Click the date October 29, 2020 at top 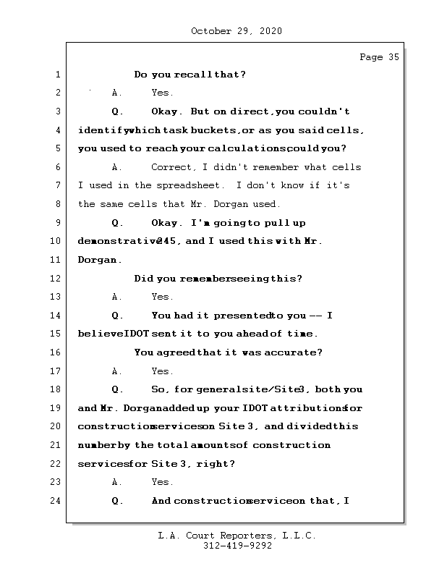(237, 31)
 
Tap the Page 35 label (379, 57)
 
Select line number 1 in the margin (57, 75)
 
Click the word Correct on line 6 (171, 167)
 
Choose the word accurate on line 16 (296, 352)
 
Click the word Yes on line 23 (162, 482)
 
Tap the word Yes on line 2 (162, 93)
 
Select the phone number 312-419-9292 (237, 546)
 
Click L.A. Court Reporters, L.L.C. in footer (237, 536)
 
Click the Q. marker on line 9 (118, 222)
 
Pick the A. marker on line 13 (117, 297)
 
